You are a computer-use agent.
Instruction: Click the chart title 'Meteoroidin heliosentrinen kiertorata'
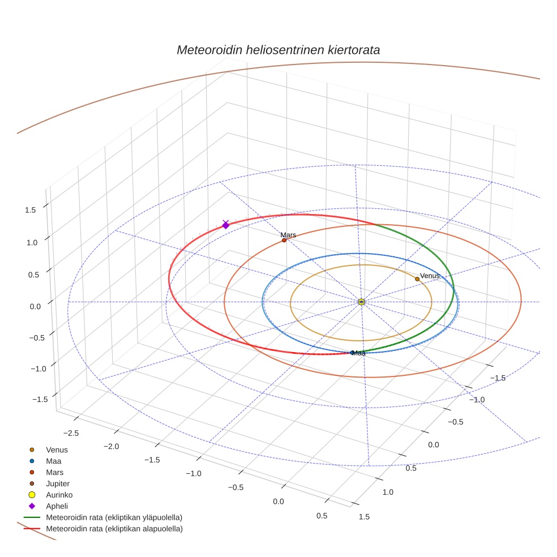tap(278, 50)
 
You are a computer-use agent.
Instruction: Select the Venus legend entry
tap(57, 450)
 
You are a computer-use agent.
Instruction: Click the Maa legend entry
tap(54, 461)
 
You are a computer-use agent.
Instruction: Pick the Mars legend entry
tap(55, 472)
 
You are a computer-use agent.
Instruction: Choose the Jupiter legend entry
tap(58, 483)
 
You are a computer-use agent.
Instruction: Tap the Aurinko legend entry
tap(59, 495)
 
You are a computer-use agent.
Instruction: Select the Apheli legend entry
tap(57, 506)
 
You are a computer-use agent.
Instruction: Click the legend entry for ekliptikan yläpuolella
tap(114, 517)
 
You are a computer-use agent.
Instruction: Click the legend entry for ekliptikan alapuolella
tap(114, 529)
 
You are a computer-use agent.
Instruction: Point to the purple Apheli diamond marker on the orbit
tap(226, 225)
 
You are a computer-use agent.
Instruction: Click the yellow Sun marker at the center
tap(362, 302)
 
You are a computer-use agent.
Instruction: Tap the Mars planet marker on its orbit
tap(284, 240)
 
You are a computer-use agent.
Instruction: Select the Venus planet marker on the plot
tap(417, 279)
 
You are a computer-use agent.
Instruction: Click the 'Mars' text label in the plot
tap(288, 234)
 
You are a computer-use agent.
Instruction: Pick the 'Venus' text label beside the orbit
tap(430, 276)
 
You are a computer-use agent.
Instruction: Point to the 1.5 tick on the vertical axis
tap(31, 210)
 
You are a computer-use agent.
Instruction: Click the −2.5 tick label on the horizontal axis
tap(71, 433)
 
